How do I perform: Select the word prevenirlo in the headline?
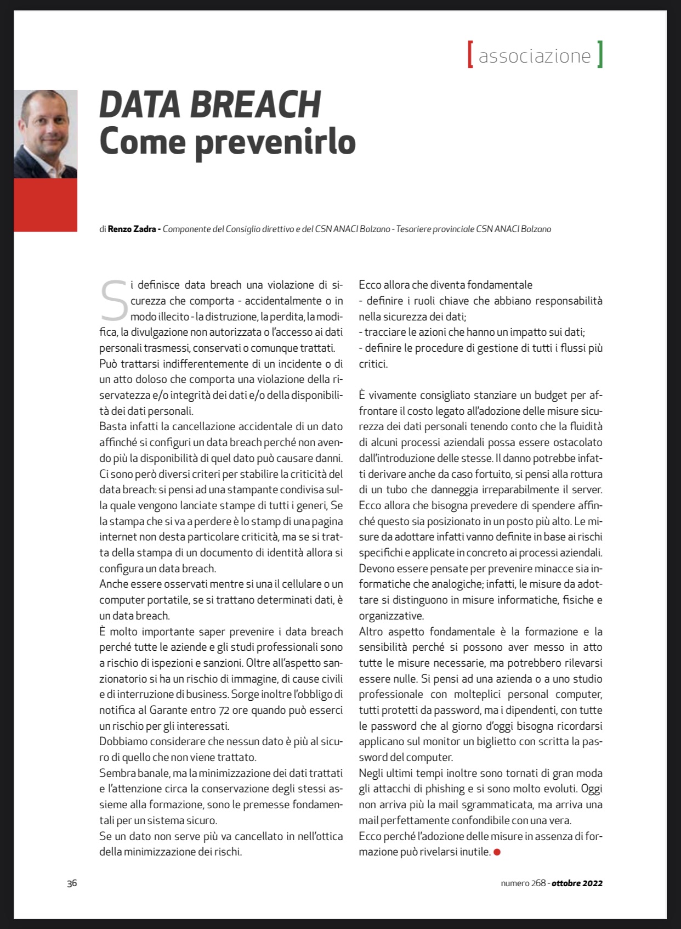tap(275, 142)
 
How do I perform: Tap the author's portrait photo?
tap(46, 134)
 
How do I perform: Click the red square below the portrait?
tap(46, 205)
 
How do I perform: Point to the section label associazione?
tap(535, 55)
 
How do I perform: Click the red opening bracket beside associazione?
tap(470, 54)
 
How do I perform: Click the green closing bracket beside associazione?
tap(600, 54)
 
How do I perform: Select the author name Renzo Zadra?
tap(132, 229)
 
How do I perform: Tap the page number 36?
tap(72, 883)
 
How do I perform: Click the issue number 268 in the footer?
tap(538, 883)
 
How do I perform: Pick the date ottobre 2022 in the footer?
tap(577, 883)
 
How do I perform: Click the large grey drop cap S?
tap(114, 301)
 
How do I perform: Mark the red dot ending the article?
tap(497, 852)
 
